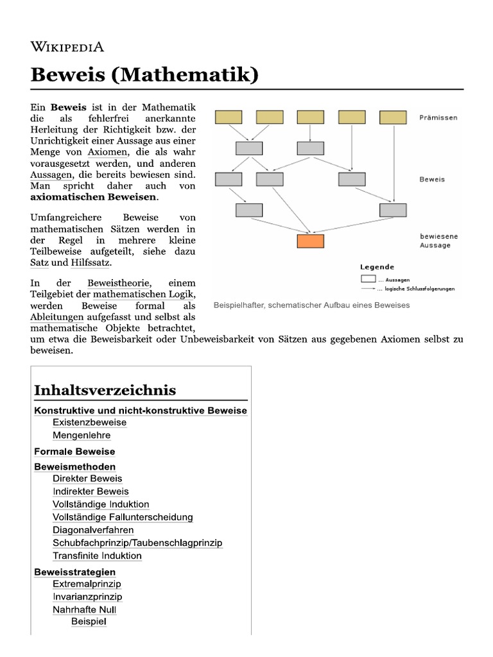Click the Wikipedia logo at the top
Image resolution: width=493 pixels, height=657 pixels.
[67, 46]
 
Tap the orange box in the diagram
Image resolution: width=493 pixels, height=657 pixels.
[311, 241]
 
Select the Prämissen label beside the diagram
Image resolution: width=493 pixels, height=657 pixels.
[440, 117]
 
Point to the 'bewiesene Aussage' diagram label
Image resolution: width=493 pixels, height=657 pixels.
[439, 241]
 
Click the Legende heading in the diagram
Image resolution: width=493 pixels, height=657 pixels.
[377, 267]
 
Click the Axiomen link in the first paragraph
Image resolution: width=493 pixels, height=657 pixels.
[108, 152]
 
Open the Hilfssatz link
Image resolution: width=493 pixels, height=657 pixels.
[91, 262]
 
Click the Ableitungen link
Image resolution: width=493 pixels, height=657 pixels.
[56, 318]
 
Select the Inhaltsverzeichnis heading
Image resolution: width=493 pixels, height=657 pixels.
[105, 390]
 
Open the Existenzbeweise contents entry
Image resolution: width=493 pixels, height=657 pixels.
[89, 423]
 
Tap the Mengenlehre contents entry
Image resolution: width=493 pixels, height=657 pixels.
[82, 436]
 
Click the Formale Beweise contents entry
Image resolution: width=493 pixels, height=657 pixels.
[74, 452]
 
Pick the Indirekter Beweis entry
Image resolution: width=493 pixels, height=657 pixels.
[91, 491]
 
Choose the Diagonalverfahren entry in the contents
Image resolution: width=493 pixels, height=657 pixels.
[93, 530]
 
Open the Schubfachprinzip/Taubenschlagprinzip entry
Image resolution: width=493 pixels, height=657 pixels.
[137, 543]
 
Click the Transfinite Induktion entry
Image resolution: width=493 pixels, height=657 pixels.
[97, 556]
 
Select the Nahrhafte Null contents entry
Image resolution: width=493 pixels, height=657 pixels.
[84, 610]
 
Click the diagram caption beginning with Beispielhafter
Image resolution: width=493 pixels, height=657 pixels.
[311, 305]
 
